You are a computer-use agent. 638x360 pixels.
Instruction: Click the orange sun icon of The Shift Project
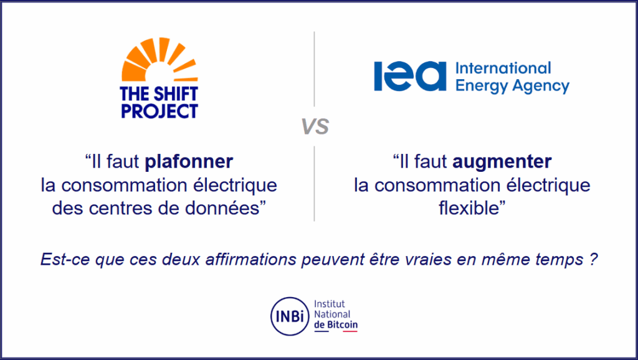click(159, 60)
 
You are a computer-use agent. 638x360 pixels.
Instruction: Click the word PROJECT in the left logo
click(159, 111)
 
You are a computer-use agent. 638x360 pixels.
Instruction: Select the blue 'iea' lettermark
click(410, 76)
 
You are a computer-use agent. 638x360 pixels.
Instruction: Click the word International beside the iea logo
click(503, 68)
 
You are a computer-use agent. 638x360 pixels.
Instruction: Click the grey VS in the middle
click(315, 126)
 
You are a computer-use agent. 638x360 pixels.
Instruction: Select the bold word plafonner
click(189, 161)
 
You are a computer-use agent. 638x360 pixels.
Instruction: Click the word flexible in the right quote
click(469, 208)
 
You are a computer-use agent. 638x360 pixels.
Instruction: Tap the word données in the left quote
click(222, 208)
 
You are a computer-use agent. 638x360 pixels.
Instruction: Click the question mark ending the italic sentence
click(593, 259)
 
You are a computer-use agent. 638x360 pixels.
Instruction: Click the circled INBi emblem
click(290, 316)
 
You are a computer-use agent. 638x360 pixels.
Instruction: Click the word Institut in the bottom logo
click(329, 304)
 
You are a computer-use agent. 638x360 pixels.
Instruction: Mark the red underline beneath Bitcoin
click(350, 331)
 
